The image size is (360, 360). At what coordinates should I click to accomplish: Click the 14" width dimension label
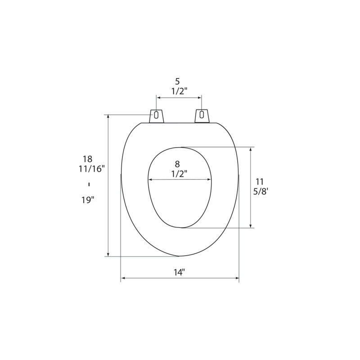pyautogui.click(x=179, y=273)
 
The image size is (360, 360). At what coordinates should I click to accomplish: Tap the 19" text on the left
pyautogui.click(x=88, y=200)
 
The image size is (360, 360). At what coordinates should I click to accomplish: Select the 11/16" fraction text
pyautogui.click(x=92, y=169)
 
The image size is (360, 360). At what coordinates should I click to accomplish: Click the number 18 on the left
pyautogui.click(x=88, y=159)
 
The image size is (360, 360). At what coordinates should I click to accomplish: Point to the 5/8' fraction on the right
pyautogui.click(x=261, y=192)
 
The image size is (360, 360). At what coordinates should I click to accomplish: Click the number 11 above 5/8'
pyautogui.click(x=260, y=182)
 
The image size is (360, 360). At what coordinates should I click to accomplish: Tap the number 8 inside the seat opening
pyautogui.click(x=177, y=164)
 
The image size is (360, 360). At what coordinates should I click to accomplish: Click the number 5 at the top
pyautogui.click(x=177, y=81)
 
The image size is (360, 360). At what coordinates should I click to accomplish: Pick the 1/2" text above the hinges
pyautogui.click(x=179, y=91)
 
